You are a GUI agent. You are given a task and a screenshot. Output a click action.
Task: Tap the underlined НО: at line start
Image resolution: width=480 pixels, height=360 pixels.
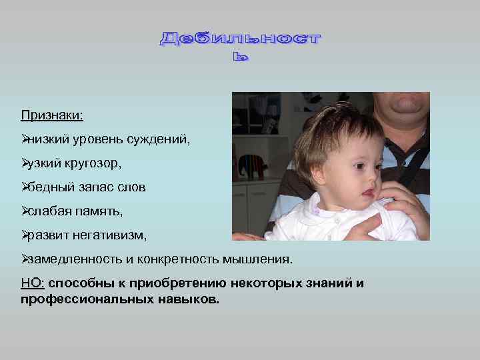tap(32, 283)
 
